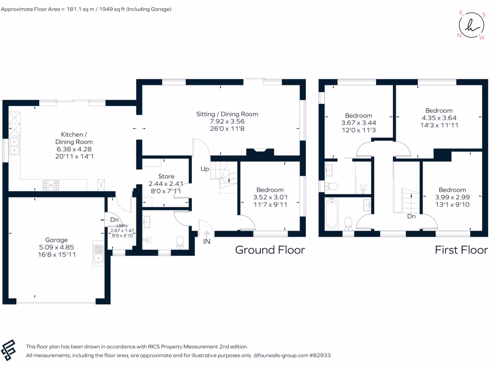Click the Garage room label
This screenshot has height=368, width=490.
[56, 240]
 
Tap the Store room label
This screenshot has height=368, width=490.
[166, 176]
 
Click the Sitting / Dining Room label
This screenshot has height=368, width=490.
[227, 114]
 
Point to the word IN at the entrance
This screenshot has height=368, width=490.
[207, 241]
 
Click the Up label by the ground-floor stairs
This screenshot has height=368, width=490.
[204, 170]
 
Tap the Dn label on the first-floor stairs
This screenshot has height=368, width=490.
[411, 216]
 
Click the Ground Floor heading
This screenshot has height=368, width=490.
[270, 250]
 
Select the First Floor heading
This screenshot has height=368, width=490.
[461, 250]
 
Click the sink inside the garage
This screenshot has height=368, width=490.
[99, 253]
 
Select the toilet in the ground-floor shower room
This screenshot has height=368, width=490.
[180, 243]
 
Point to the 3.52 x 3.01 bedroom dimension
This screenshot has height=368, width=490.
[270, 197]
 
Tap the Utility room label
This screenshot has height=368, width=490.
[122, 225]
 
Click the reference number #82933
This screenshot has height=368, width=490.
[320, 356]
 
